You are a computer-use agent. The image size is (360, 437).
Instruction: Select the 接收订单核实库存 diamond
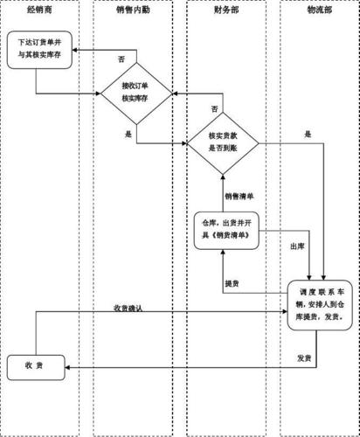tap(136, 93)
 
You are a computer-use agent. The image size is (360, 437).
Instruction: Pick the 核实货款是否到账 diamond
tap(224, 142)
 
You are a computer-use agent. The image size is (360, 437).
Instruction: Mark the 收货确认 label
tap(128, 308)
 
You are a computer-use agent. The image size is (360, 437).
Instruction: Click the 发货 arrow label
tap(304, 358)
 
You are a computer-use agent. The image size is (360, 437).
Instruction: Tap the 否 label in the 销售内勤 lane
tap(121, 58)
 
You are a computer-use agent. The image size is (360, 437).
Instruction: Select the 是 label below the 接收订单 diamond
tap(128, 135)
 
